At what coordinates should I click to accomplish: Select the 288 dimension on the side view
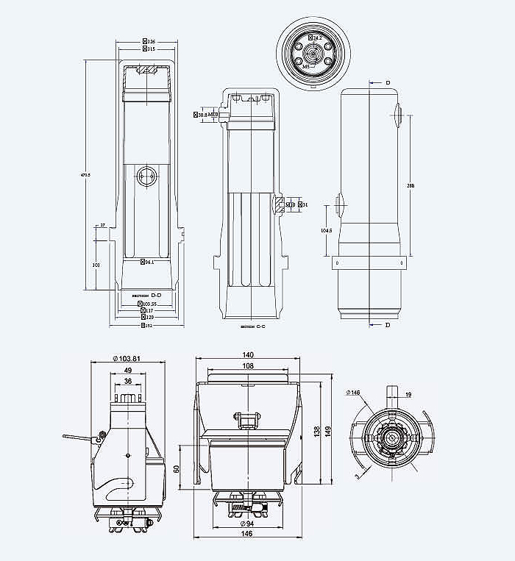pyautogui.click(x=411, y=186)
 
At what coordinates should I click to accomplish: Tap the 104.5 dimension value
pyautogui.click(x=326, y=231)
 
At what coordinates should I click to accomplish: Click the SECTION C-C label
pyautogui.click(x=252, y=326)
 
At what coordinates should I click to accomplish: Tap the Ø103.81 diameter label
pyautogui.click(x=127, y=358)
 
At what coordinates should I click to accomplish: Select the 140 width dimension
pyautogui.click(x=248, y=354)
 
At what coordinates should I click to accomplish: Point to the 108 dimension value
pyautogui.click(x=248, y=365)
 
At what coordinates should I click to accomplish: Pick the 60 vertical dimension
pyautogui.click(x=177, y=468)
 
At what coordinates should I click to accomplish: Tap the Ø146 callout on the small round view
pyautogui.click(x=354, y=393)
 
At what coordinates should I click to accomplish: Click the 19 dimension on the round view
pyautogui.click(x=408, y=395)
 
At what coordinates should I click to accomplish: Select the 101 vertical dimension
pyautogui.click(x=96, y=263)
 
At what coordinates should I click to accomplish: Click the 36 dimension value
pyautogui.click(x=128, y=382)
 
